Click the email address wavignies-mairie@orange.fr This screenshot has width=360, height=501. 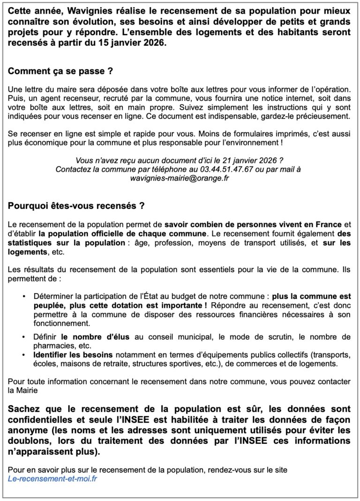point(180,178)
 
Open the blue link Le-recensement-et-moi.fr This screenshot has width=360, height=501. point(53,479)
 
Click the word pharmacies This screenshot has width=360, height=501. point(52,346)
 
